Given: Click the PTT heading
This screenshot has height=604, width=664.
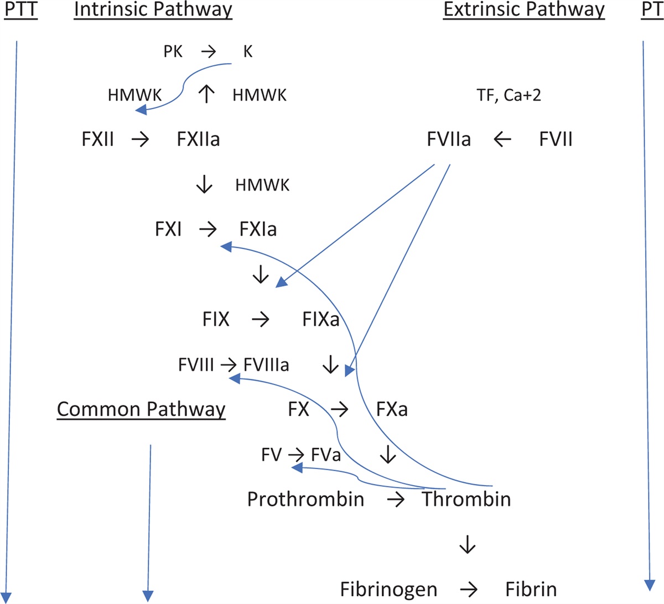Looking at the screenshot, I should (x=21, y=10).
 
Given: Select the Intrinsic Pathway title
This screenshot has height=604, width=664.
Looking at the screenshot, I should (x=153, y=10).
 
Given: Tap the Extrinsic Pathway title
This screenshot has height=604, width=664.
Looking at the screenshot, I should (x=524, y=10).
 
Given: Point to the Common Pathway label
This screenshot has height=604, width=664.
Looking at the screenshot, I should (x=141, y=409).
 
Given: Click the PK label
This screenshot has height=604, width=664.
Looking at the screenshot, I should (x=173, y=51).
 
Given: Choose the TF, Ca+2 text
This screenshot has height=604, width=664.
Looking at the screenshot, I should (x=509, y=95).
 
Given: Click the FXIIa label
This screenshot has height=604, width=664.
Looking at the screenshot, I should (x=198, y=139).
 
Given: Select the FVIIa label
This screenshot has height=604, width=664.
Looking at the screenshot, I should (x=449, y=139).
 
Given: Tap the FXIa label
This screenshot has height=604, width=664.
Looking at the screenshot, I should (x=258, y=229).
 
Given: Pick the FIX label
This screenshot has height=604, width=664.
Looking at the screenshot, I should (x=216, y=319).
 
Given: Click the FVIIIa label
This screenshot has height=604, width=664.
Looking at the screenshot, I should (x=266, y=365).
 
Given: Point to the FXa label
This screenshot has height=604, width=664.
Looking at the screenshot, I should (x=392, y=409).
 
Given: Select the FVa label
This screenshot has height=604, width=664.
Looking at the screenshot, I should (x=326, y=455).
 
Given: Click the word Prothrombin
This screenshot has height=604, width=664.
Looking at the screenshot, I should (x=305, y=499).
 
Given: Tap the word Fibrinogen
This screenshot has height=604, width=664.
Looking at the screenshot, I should (x=388, y=589).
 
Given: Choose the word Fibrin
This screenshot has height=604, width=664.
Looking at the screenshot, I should (x=531, y=589).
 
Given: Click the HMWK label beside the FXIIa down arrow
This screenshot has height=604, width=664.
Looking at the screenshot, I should (x=262, y=185).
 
